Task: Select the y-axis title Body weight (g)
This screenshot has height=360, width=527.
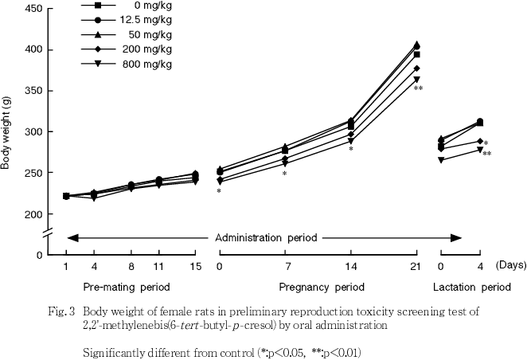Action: pyautogui.click(x=7, y=131)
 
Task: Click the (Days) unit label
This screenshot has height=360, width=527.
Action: pyautogui.click(x=510, y=264)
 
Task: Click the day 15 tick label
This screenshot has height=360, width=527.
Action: pyautogui.click(x=194, y=264)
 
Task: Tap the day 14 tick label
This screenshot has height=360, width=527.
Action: pyautogui.click(x=351, y=264)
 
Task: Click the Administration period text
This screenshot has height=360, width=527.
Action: pyautogui.click(x=266, y=237)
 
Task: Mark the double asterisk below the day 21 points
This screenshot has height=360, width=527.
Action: pyautogui.click(x=418, y=89)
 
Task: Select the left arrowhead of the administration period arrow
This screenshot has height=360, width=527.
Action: pyautogui.click(x=72, y=237)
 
